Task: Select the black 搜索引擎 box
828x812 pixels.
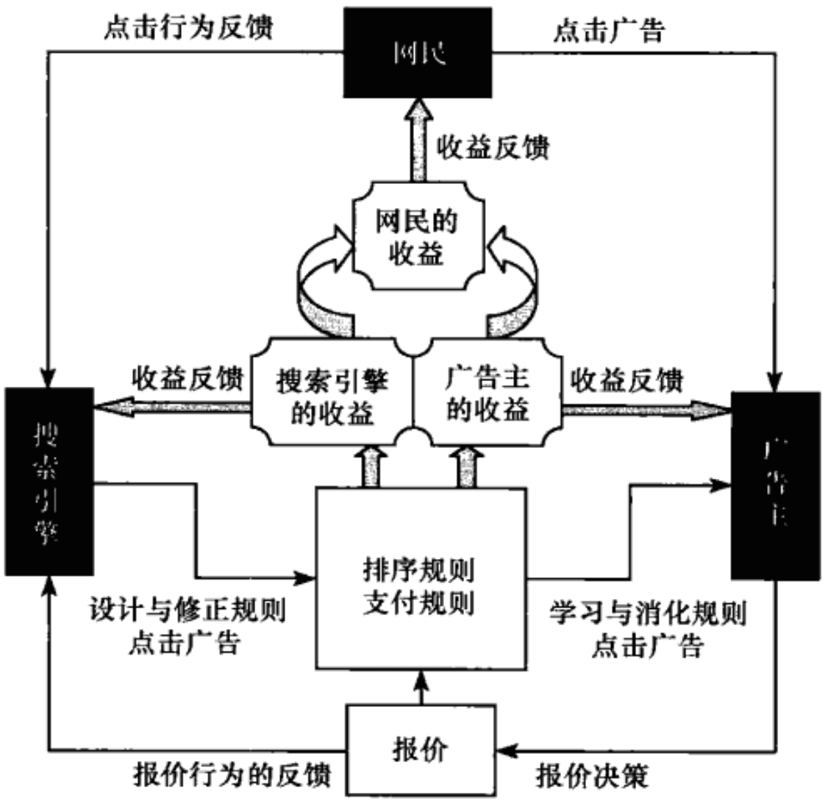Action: pyautogui.click(x=49, y=481)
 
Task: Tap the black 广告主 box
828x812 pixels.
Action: pyautogui.click(x=774, y=485)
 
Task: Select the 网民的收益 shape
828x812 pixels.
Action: pyautogui.click(x=418, y=235)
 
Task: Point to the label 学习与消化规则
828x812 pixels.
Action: pyautogui.click(x=647, y=611)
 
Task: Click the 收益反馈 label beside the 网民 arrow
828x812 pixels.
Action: pyautogui.click(x=492, y=148)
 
